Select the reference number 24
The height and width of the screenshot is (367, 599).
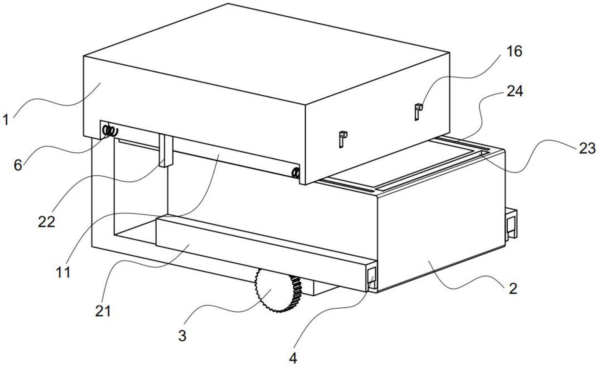pos(515,91)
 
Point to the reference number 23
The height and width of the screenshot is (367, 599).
pos(587,148)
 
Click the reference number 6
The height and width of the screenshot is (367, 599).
pos(18,165)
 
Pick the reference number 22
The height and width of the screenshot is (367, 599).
pos(47,221)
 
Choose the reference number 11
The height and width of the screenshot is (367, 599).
pos(63,273)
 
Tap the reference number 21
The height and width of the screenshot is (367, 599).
pos(103,311)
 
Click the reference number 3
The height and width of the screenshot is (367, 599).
pos(182,336)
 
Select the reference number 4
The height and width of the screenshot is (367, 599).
pos(293,358)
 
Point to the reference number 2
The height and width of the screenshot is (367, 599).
pos(513,289)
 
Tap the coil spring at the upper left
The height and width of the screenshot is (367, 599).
pos(110,131)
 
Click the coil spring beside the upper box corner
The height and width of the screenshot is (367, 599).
pos(296,173)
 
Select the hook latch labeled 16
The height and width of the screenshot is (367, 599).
pos(418,111)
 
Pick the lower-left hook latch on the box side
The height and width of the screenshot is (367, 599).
pos(342,139)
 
